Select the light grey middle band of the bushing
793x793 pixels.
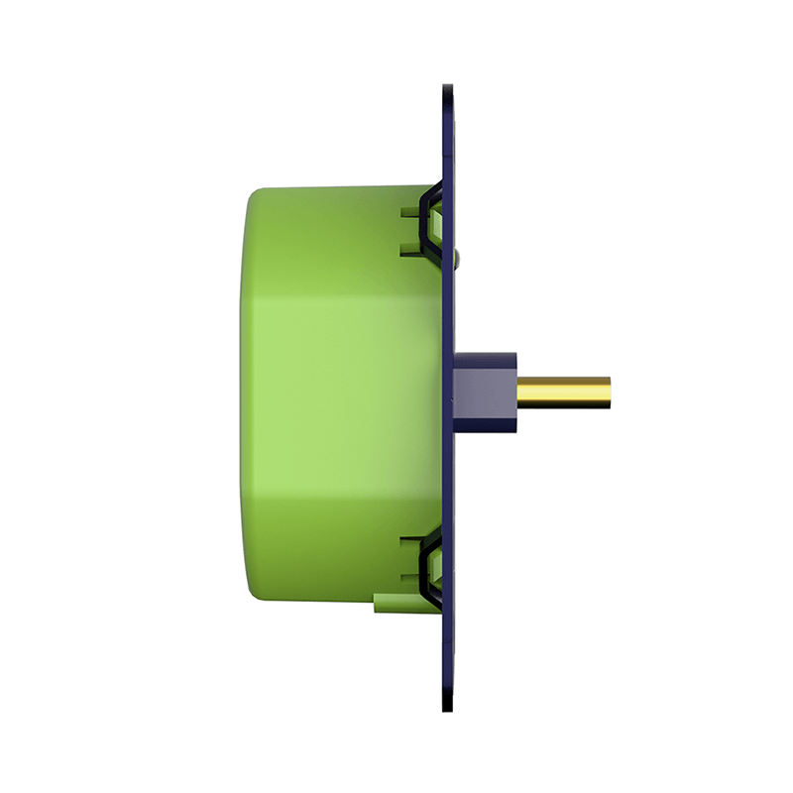coord(486,394)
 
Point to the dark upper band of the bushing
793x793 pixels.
coord(486,359)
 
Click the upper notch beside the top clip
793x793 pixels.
coord(406,211)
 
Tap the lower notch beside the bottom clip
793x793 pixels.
coord(406,578)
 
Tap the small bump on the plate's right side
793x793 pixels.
coord(457,260)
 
